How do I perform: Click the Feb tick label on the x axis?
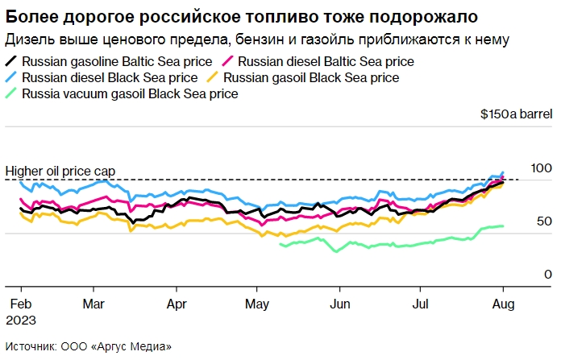21,304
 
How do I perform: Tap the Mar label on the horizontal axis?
94,304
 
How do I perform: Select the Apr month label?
177,304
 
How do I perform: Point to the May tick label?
257,304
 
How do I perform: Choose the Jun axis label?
341,304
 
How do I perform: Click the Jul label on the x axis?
420,304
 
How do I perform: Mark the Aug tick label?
504,304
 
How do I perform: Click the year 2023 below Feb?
22,319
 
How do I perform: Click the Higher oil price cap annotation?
60,171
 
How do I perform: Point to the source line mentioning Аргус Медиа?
89,346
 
